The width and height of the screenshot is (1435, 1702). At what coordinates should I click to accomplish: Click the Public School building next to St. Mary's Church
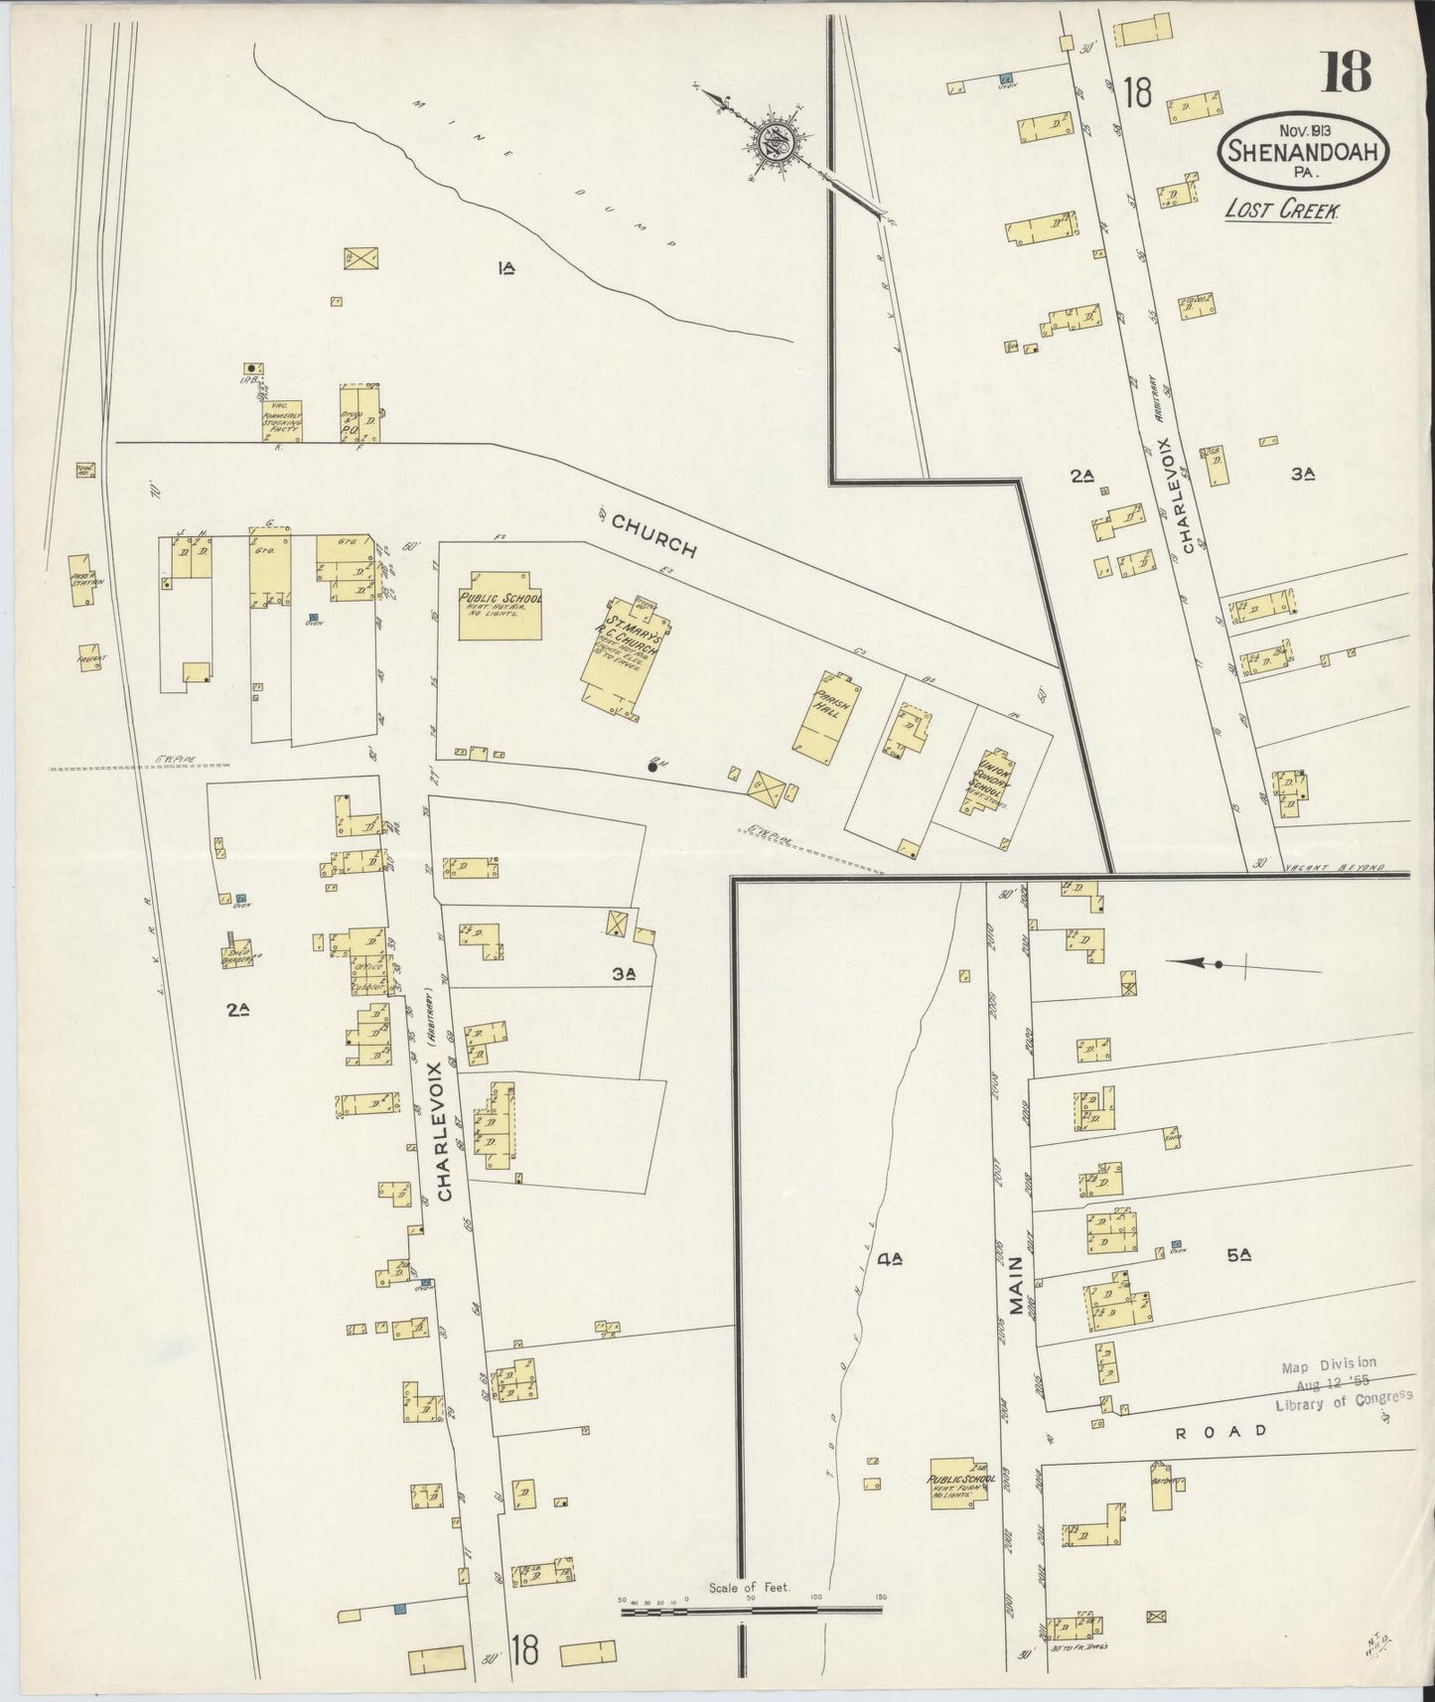[x=500, y=606]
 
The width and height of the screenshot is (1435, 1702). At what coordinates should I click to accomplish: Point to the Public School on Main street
[x=958, y=1484]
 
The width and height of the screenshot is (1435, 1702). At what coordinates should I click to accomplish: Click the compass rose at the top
[x=774, y=146]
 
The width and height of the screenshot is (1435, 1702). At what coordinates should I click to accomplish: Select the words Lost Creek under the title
[x=1282, y=211]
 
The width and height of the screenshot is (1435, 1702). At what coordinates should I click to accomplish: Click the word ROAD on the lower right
[x=1220, y=1431]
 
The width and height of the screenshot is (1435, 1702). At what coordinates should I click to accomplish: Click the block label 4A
[x=889, y=1259]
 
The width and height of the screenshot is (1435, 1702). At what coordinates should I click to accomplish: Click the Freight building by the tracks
[x=89, y=658]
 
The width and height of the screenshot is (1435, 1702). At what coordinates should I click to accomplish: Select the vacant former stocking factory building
[x=282, y=421]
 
